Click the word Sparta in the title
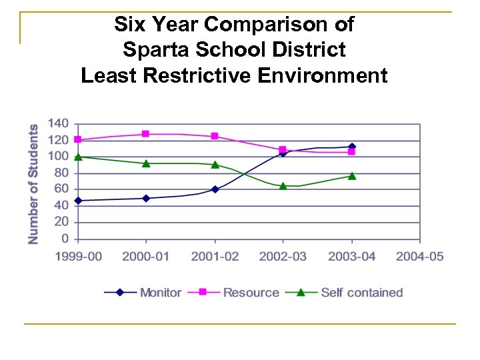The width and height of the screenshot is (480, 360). (153, 50)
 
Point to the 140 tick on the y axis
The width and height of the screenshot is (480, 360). (59, 124)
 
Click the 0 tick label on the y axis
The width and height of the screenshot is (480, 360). (65, 239)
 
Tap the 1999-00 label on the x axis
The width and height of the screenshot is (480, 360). (78, 257)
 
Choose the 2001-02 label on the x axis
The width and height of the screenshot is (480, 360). (215, 257)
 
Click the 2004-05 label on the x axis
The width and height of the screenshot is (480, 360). (419, 257)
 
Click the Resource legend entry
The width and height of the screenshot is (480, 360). (251, 292)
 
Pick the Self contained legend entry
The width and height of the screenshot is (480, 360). (361, 292)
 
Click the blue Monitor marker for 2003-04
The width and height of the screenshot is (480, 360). (352, 147)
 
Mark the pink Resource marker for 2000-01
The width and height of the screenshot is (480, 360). (146, 134)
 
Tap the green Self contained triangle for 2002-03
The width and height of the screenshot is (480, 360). (283, 186)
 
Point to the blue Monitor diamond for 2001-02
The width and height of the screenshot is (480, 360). (215, 189)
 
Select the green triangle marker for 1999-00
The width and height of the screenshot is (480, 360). (78, 157)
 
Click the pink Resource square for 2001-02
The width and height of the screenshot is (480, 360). (215, 136)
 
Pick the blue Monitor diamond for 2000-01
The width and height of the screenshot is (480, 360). (146, 198)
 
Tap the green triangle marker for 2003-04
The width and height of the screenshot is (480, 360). (352, 176)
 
